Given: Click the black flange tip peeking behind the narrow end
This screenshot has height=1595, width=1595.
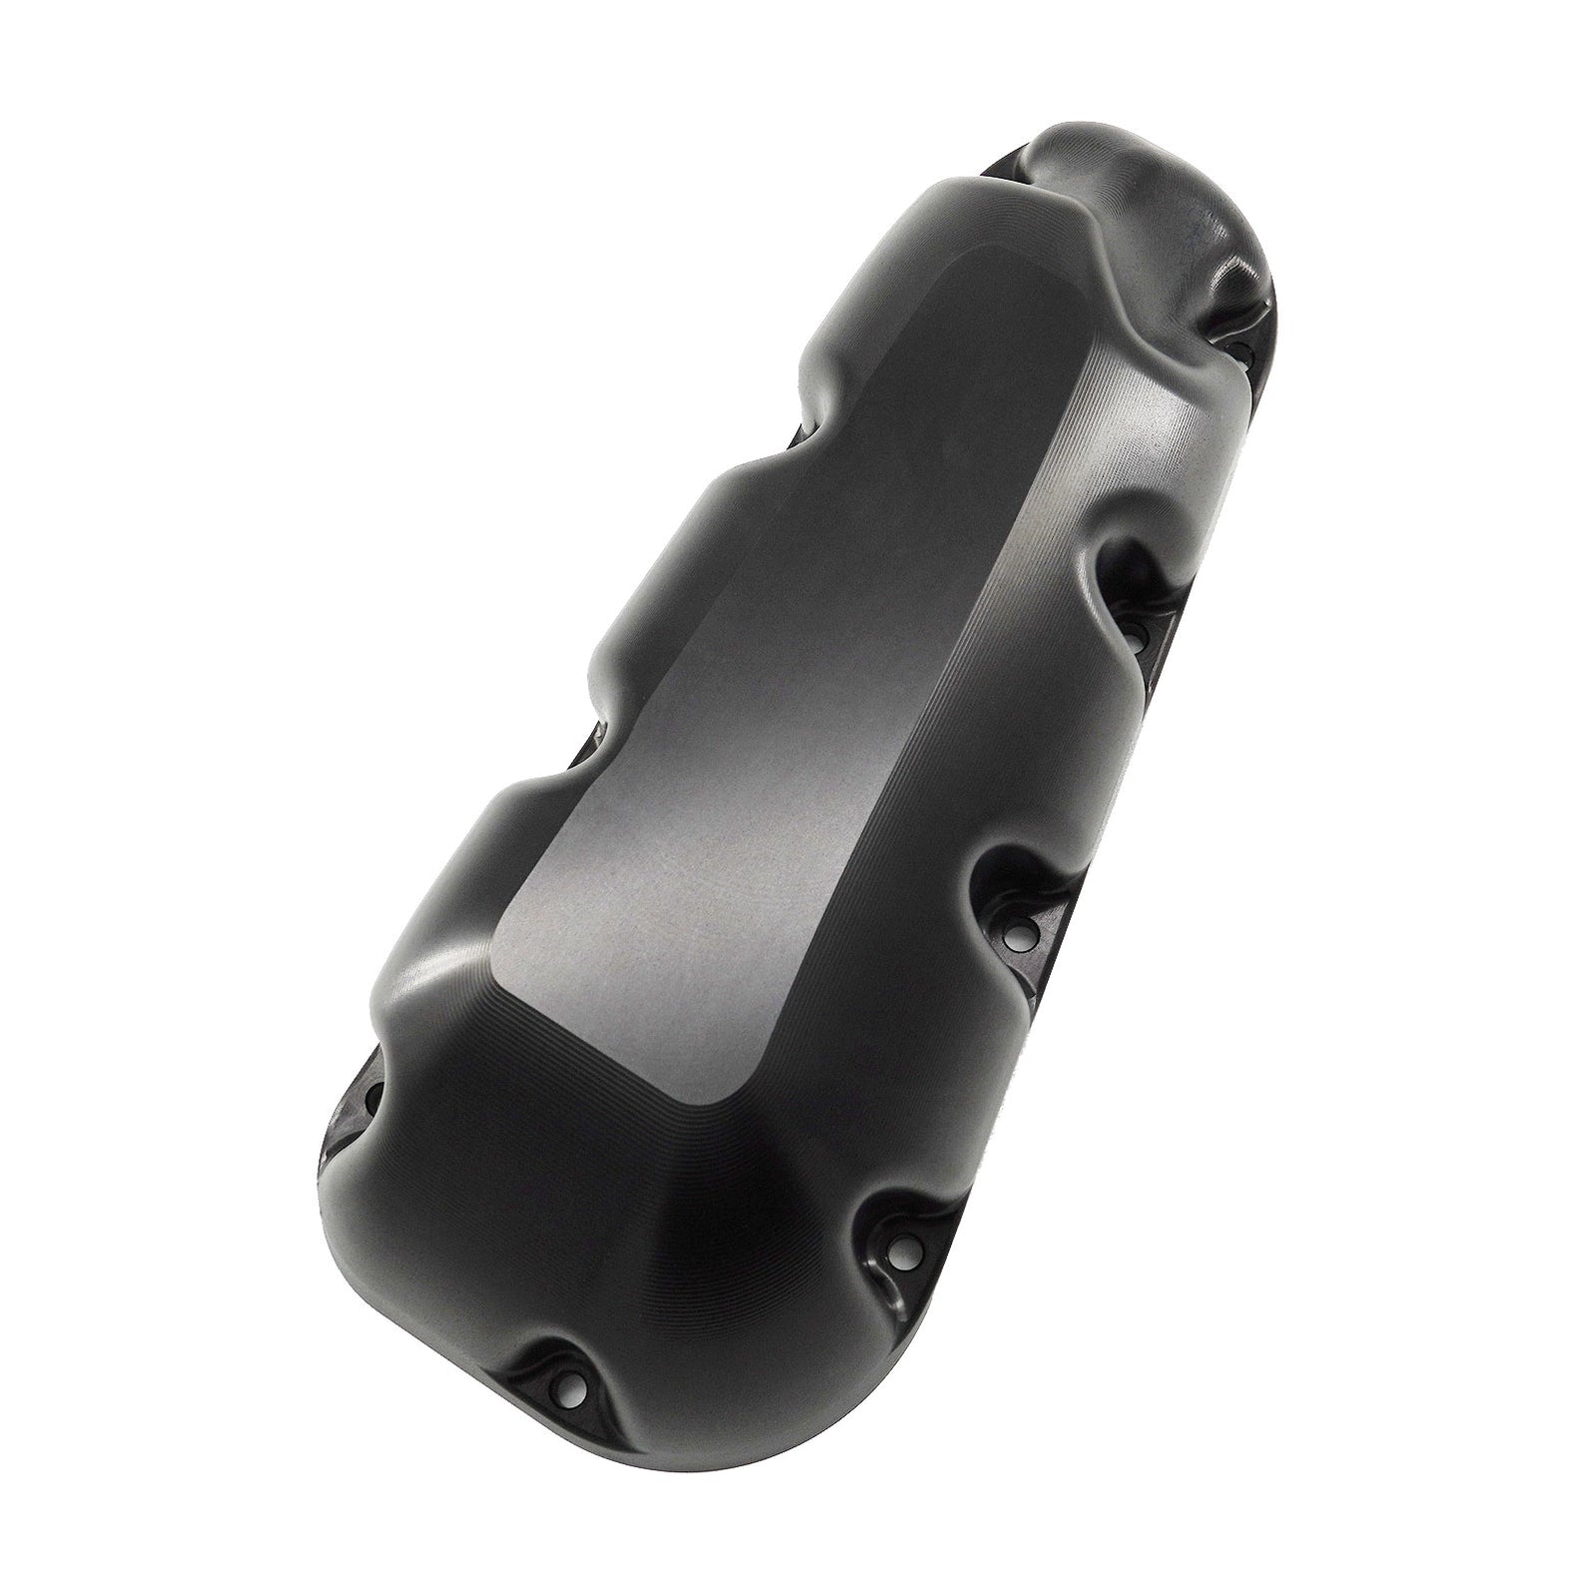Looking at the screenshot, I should (1009, 156).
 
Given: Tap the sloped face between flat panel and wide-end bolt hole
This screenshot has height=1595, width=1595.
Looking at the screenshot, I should (619, 1179).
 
